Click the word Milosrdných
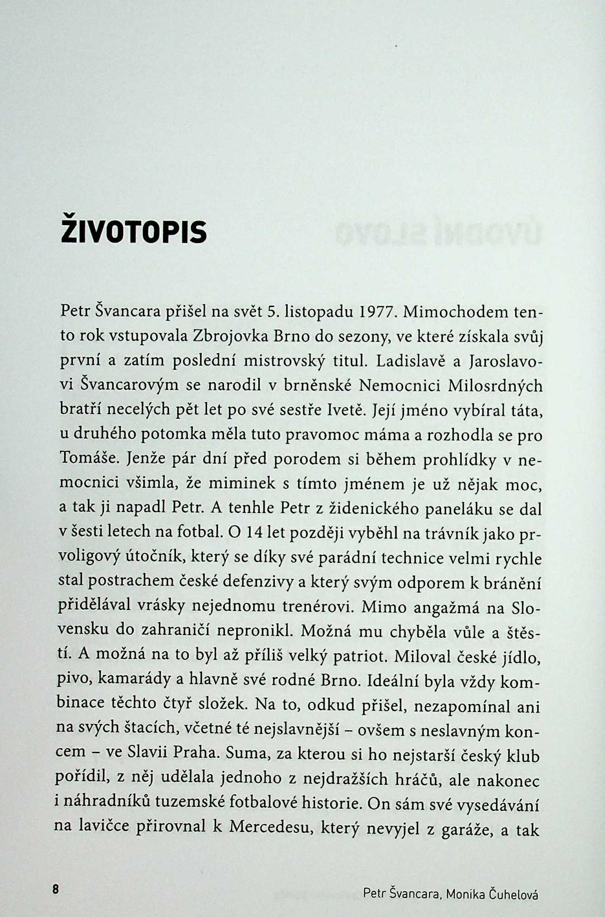495,385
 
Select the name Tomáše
90,458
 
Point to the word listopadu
313,313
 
